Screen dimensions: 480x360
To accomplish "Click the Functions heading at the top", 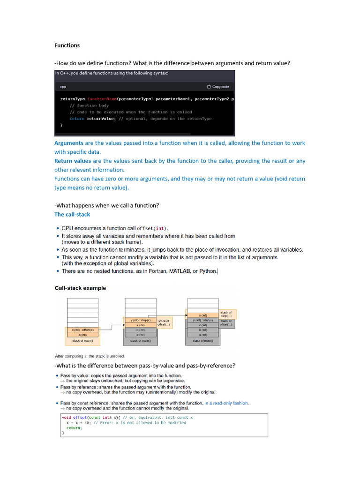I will click(x=67, y=45).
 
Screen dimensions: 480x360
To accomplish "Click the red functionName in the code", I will click(x=101, y=99).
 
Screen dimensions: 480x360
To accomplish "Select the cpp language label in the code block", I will click(x=63, y=87).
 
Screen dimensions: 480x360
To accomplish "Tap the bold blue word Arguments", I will click(x=68, y=143).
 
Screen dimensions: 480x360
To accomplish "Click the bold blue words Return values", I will click(x=73, y=161).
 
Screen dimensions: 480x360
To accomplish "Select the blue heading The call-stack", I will click(x=72, y=214).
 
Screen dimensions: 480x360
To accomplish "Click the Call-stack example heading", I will click(x=80, y=288).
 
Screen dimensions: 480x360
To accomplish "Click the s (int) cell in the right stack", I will click(x=203, y=315).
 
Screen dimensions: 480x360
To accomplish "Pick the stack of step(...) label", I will click(x=226, y=314).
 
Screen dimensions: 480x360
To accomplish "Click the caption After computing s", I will click(x=90, y=356).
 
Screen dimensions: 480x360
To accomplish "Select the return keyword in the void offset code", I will click(x=74, y=428).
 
